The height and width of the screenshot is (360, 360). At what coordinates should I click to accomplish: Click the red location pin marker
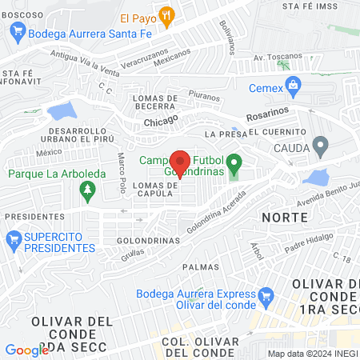181,162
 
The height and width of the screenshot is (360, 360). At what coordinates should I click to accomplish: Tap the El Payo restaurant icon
166,15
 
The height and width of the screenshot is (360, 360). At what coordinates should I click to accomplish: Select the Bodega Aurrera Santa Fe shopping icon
17,33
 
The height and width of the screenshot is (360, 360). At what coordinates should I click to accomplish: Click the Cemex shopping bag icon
294,83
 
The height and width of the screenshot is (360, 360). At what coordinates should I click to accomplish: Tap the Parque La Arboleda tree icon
87,190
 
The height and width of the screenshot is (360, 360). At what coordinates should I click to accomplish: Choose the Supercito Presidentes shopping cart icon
13,238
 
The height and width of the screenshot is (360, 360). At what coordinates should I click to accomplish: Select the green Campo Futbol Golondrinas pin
234,166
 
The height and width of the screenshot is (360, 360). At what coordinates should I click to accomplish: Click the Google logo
26,350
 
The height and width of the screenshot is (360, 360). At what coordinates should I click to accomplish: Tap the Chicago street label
161,122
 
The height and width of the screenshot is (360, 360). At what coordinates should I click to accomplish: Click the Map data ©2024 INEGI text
312,354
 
